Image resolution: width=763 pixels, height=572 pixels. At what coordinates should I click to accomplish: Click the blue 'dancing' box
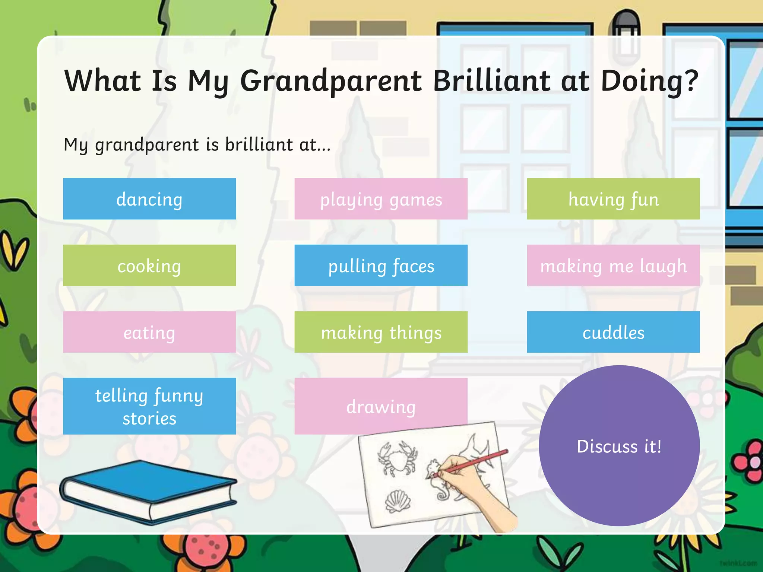pyautogui.click(x=149, y=199)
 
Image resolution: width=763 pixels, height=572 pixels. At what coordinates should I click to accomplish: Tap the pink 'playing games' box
pyautogui.click(x=381, y=199)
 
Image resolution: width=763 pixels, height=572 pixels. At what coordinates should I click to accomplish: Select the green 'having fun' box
pyautogui.click(x=613, y=199)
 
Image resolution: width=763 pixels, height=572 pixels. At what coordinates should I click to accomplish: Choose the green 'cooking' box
pyautogui.click(x=149, y=266)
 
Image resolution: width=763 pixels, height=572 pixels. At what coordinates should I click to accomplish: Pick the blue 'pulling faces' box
pyautogui.click(x=381, y=266)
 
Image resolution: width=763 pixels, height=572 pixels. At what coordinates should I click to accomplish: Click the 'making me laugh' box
pyautogui.click(x=613, y=266)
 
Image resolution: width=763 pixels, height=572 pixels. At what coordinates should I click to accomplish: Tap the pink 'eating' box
pyautogui.click(x=149, y=332)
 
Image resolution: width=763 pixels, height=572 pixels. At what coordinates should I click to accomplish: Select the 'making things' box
pyautogui.click(x=381, y=332)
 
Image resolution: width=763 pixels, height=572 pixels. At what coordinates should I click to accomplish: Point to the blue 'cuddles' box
pyautogui.click(x=613, y=332)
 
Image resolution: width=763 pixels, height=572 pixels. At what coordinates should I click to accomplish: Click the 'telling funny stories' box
pyautogui.click(x=149, y=406)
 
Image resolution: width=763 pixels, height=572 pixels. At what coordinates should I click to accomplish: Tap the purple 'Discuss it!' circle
pyautogui.click(x=619, y=446)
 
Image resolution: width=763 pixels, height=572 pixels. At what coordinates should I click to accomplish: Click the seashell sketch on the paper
pyautogui.click(x=398, y=501)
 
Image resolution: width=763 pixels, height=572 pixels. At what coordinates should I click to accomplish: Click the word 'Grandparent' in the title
pyautogui.click(x=330, y=81)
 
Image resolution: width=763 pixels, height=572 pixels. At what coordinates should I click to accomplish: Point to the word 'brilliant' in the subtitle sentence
pyautogui.click(x=259, y=144)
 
